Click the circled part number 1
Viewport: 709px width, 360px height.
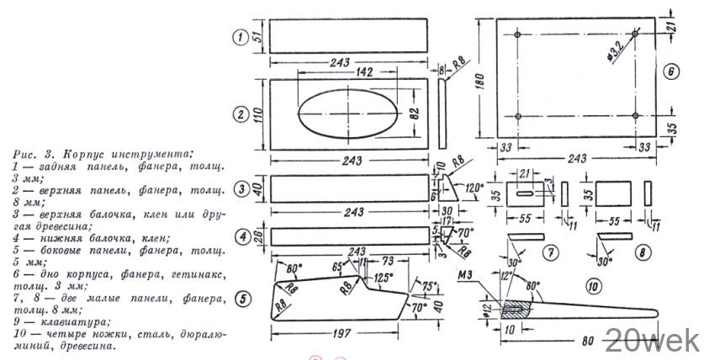click(x=241, y=36)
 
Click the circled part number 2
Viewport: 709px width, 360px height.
click(x=241, y=114)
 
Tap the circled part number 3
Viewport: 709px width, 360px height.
click(x=241, y=191)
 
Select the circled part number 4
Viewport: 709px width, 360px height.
click(x=241, y=236)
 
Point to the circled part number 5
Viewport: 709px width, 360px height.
click(x=241, y=296)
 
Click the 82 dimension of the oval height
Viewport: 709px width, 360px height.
click(x=414, y=114)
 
